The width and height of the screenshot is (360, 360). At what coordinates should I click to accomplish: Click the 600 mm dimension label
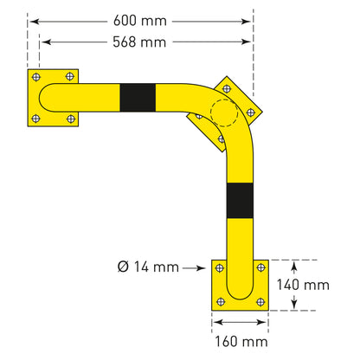pyautogui.click(x=140, y=21)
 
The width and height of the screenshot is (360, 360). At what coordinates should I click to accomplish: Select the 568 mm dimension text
pyautogui.click(x=139, y=42)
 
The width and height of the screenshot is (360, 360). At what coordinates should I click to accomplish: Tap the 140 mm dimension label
pyautogui.click(x=303, y=285)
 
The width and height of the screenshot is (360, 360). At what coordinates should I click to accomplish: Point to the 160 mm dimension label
pyautogui.click(x=241, y=342)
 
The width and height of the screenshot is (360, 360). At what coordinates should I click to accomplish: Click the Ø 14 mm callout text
pyautogui.click(x=148, y=267)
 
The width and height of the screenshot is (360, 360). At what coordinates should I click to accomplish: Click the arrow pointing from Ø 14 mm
pyautogui.click(x=194, y=268)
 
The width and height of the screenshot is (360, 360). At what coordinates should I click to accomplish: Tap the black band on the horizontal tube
pyautogui.click(x=138, y=98)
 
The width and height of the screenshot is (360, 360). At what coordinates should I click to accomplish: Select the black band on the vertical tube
pyautogui.click(x=240, y=201)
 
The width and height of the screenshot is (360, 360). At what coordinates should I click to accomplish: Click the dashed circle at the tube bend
pyautogui.click(x=224, y=112)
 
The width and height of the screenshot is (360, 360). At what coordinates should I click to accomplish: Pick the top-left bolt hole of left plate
pyautogui.click(x=36, y=77)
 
